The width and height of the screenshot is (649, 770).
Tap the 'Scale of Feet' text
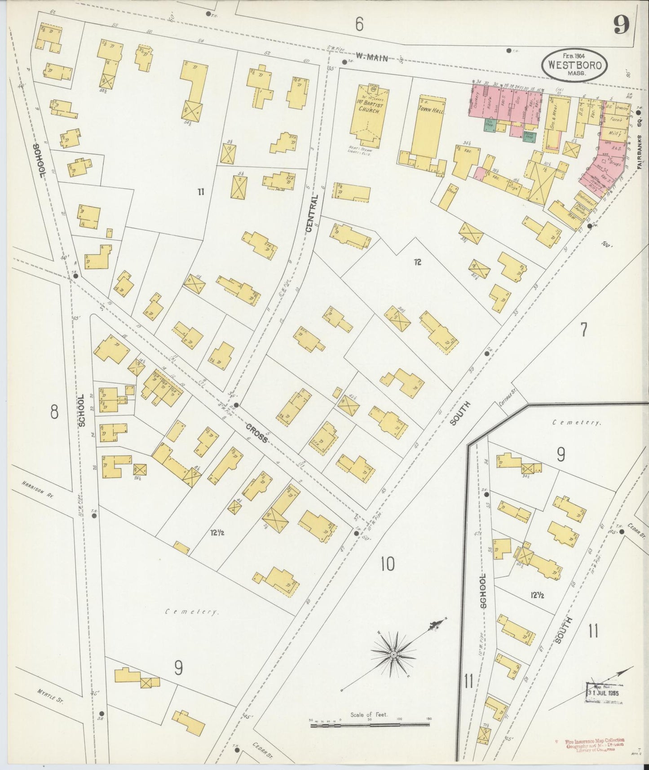[x=369, y=714]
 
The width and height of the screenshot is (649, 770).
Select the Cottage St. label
[x=507, y=398]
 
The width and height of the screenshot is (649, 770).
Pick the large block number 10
[x=387, y=563]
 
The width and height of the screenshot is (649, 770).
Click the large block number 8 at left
[x=54, y=412]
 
